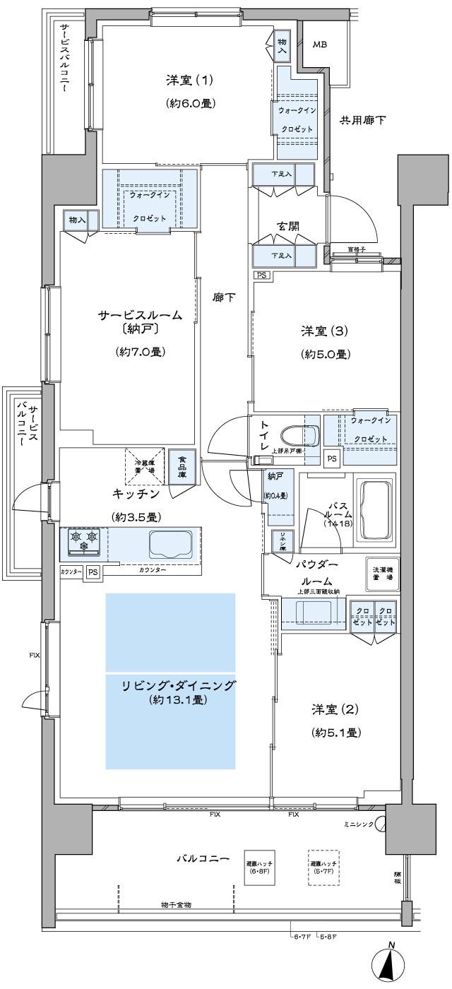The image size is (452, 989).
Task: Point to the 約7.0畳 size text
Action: click(141, 352)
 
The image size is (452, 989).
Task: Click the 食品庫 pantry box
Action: click(182, 466)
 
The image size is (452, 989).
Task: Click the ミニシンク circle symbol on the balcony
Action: click(381, 824)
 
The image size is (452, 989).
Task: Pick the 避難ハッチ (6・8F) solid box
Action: click(259, 867)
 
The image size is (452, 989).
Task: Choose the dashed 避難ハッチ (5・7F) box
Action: click(324, 867)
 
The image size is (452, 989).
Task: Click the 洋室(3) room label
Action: click(325, 331)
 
